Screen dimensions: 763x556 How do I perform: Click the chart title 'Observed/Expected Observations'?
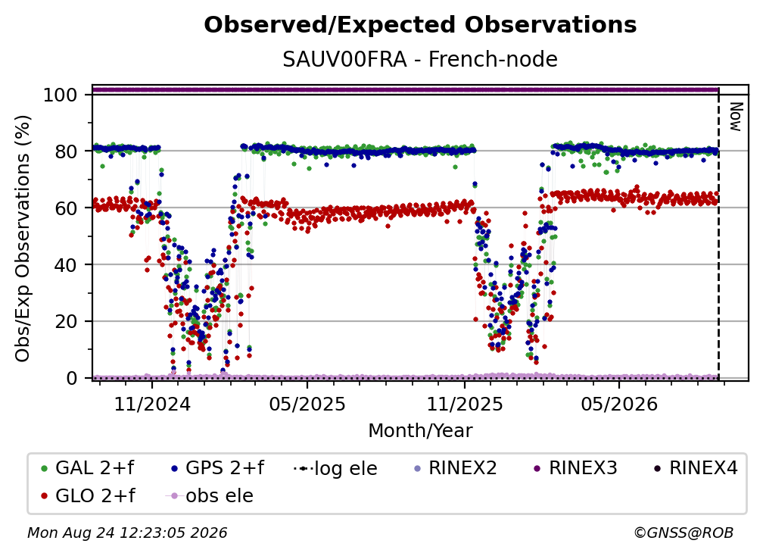[420, 25]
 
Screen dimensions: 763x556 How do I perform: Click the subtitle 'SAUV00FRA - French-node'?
[420, 59]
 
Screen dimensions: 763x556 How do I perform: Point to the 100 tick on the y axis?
[61, 95]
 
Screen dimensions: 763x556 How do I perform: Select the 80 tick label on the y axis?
[66, 151]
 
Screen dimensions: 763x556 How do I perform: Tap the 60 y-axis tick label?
[66, 208]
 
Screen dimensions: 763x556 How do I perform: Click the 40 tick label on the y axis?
[66, 265]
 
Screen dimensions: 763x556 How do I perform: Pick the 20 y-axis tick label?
[66, 322]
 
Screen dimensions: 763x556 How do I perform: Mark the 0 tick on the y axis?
[72, 378]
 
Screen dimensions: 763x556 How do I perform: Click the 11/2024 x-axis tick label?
[152, 404]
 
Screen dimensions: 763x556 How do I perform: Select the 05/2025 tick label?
[307, 404]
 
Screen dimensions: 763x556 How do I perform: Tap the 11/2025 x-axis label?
[465, 404]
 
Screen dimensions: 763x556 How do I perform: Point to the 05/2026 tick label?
[619, 404]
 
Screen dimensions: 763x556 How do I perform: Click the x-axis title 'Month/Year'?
[420, 430]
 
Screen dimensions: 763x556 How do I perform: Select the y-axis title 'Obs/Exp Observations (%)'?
[23, 239]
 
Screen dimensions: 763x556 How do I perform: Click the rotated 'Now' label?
[735, 117]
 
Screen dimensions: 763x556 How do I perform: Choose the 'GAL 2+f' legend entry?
[88, 468]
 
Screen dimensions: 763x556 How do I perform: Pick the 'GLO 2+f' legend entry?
[88, 495]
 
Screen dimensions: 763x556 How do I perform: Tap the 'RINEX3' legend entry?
[576, 468]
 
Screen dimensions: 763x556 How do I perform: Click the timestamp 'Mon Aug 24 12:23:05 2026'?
[127, 533]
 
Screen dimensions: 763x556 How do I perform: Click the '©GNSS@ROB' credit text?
[684, 533]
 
